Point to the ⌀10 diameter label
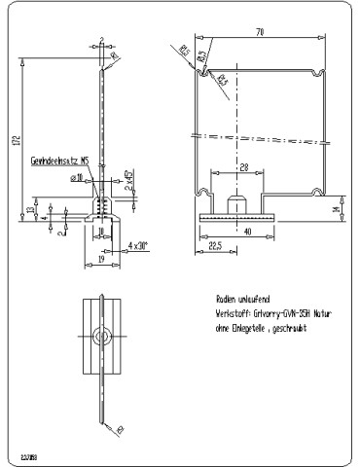pyautogui.click(x=75, y=178)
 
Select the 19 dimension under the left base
pyautogui.click(x=100, y=261)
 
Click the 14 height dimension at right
pyautogui.click(x=336, y=208)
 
